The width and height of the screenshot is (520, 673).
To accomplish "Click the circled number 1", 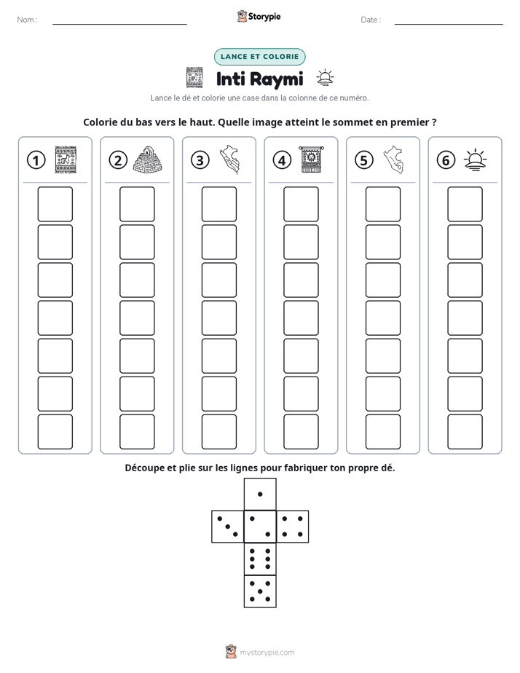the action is (36, 160).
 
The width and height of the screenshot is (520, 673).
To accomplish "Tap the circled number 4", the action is (282, 160).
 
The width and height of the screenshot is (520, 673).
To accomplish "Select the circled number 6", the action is (446, 160).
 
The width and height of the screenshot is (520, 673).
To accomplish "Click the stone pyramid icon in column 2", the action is (148, 160).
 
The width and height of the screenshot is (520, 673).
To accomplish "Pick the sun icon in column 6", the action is (475, 160).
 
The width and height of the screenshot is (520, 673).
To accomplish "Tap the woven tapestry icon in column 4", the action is (312, 160).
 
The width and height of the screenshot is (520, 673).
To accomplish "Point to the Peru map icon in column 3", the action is (229, 160).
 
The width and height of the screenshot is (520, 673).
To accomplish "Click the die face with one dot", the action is (260, 495).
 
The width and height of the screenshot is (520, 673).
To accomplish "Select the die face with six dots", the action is (260, 559).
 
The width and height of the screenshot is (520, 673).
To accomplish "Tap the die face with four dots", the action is (293, 527).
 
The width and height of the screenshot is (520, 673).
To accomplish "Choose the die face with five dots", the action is (260, 591).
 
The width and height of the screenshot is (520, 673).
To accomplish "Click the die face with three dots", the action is (228, 527).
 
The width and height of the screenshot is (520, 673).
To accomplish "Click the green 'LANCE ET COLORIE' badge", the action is (259, 57).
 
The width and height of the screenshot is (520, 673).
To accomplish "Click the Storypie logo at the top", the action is (259, 16).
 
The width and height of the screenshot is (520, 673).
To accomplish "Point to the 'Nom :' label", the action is (28, 20).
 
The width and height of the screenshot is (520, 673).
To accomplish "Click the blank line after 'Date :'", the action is (449, 24).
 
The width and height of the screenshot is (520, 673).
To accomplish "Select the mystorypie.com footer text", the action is (267, 653).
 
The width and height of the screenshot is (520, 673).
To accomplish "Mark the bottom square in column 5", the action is (383, 432).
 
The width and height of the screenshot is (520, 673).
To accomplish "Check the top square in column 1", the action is (55, 204).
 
